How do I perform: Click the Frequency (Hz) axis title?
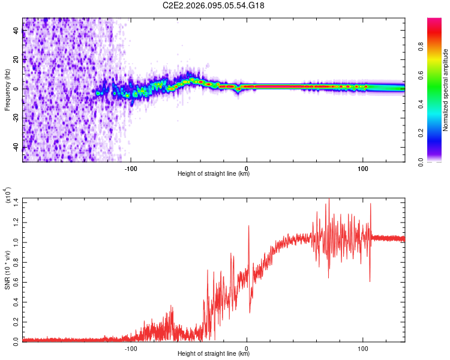pos(8,90)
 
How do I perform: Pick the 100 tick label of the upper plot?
pos(362,169)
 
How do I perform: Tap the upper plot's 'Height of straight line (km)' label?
pos(214,174)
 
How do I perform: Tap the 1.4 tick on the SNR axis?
pos(16,201)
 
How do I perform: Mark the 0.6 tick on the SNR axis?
pos(16,280)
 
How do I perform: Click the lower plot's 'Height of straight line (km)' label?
pos(214,354)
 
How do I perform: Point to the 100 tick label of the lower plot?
pos(362,347)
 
